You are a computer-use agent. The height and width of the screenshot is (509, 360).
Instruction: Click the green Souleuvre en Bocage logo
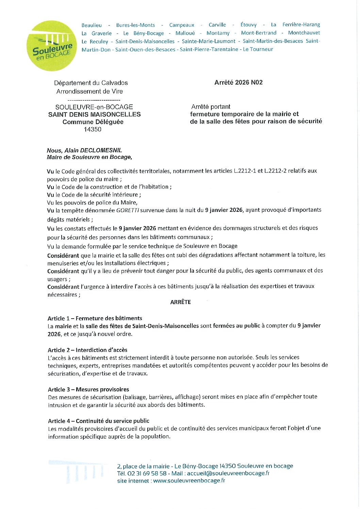(x=52, y=46)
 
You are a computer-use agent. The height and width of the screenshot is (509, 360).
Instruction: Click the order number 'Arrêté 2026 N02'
(x=238, y=83)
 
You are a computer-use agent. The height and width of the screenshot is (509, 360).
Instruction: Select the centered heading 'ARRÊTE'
(x=180, y=302)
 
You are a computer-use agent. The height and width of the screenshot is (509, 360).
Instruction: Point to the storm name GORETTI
(x=127, y=210)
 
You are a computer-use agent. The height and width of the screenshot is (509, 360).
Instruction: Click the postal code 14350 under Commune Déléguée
(x=93, y=129)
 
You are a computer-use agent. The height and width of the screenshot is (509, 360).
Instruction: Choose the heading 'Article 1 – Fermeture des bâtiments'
(x=95, y=318)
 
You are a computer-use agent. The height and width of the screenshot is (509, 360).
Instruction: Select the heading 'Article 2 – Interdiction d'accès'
(x=87, y=350)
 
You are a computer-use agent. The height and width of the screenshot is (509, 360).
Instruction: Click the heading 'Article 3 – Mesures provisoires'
(x=88, y=389)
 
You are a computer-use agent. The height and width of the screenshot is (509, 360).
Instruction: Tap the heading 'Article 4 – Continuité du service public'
(x=99, y=421)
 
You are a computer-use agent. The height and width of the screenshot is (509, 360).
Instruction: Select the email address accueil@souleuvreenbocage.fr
(x=228, y=473)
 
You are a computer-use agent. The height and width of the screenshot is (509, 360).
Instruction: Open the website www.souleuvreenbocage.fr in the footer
(x=189, y=481)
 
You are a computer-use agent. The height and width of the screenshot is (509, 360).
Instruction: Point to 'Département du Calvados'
(x=91, y=83)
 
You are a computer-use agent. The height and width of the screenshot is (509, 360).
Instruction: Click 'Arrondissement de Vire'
(x=89, y=91)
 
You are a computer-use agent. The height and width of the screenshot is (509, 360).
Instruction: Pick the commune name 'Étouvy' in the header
(x=248, y=25)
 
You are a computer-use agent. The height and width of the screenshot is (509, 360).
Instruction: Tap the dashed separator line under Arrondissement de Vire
(x=94, y=100)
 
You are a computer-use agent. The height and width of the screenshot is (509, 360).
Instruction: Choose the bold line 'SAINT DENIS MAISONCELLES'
(x=94, y=115)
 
